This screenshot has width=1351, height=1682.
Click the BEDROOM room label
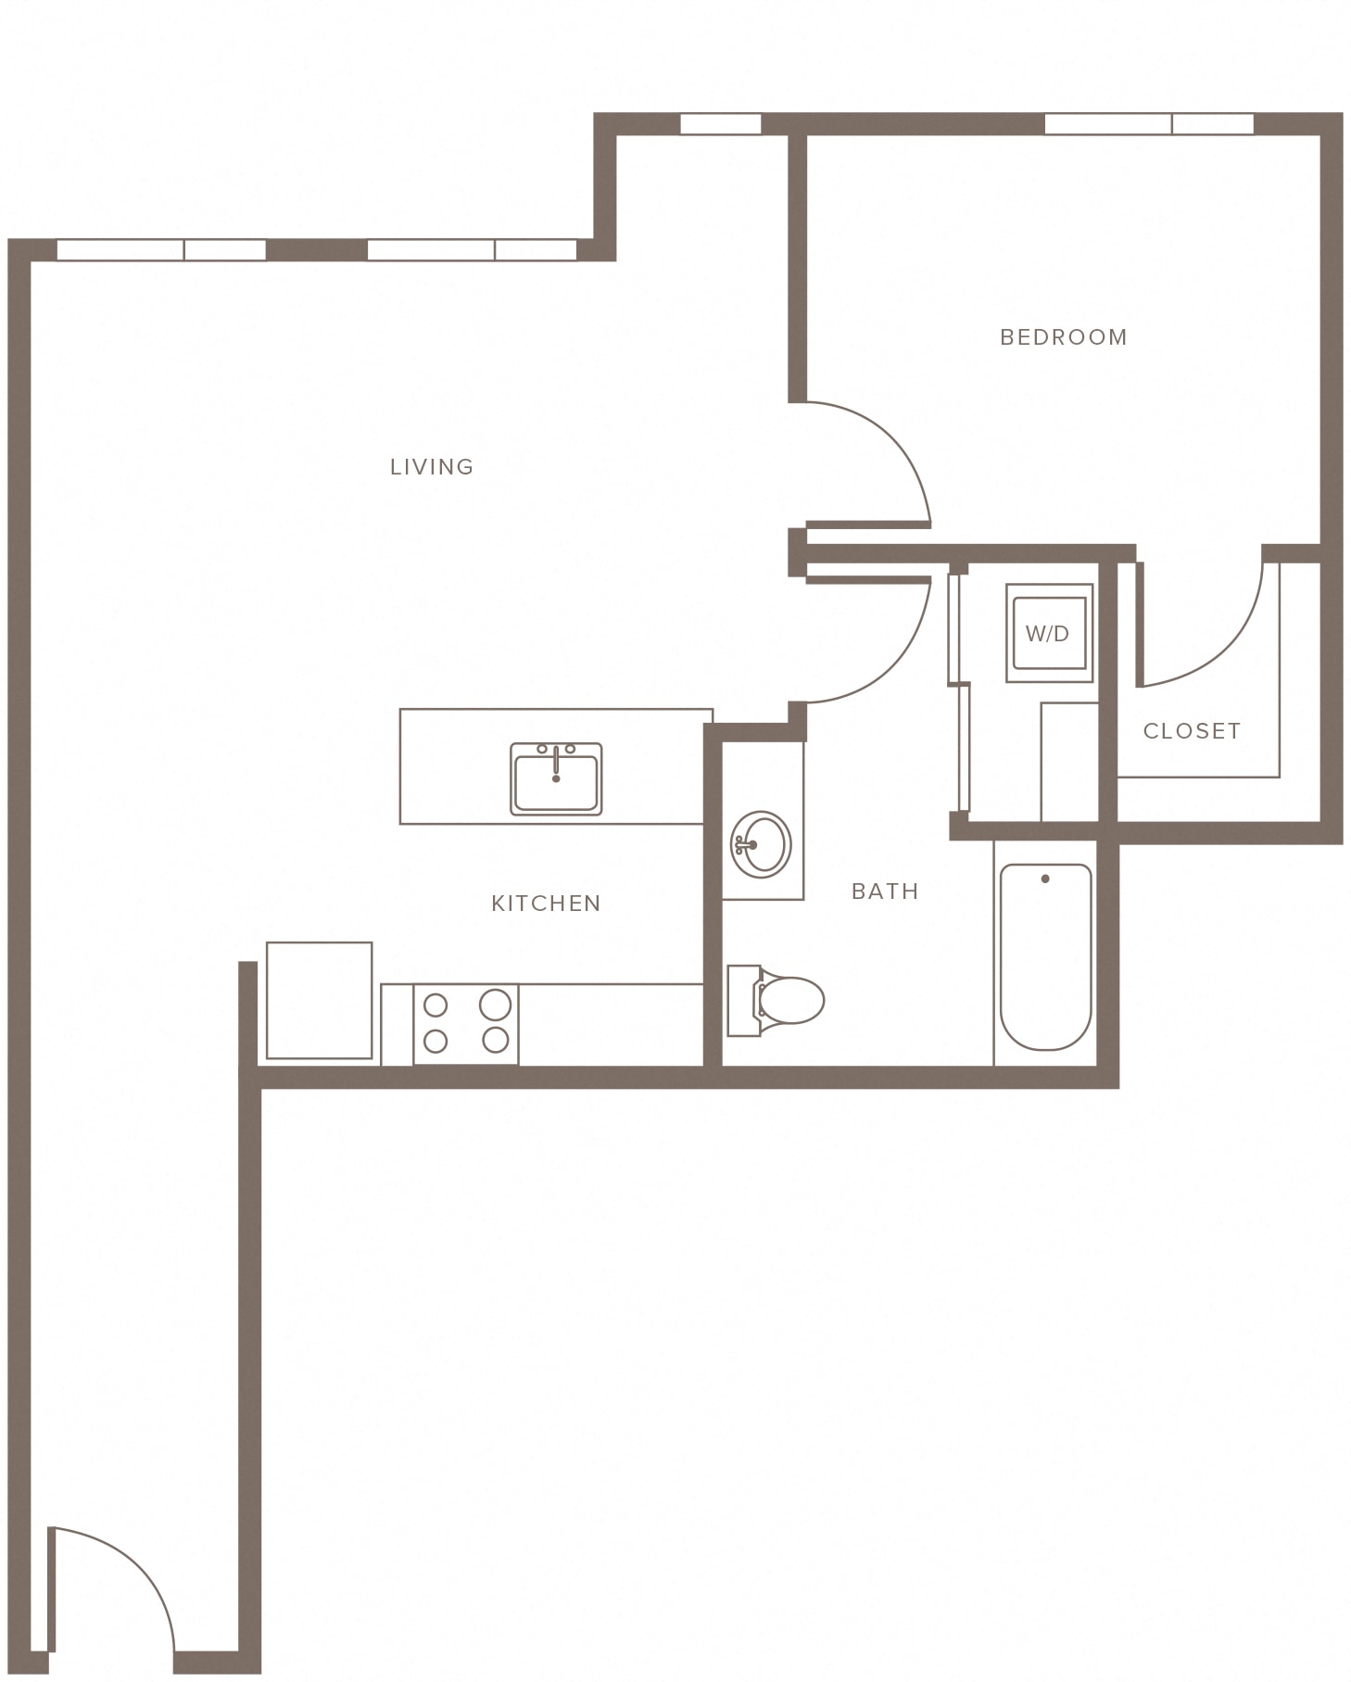1064,337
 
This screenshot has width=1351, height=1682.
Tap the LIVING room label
432,467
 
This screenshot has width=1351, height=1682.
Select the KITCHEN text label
546,904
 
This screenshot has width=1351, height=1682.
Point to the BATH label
885,892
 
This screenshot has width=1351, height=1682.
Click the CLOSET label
1192,731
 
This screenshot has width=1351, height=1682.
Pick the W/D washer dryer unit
1049,633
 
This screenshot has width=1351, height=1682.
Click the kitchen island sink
556,778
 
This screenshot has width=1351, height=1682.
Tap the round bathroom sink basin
761,844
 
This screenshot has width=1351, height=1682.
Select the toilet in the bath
776,1000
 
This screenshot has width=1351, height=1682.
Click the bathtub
1045,956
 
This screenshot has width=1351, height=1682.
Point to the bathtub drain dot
1045,879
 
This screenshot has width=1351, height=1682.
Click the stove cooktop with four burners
466,1024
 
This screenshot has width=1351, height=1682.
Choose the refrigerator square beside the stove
320,1000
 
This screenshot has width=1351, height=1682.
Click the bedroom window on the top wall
1149,124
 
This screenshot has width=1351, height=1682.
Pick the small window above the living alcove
721,124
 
